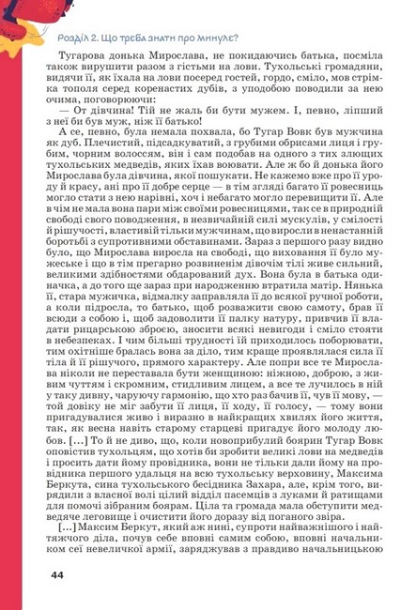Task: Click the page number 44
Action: (x=57, y=573)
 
